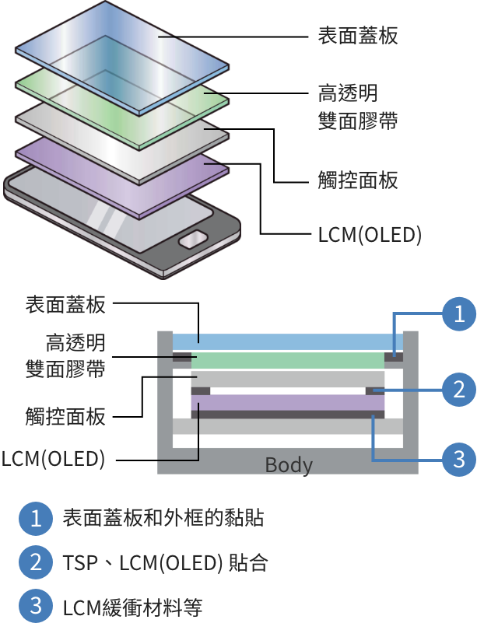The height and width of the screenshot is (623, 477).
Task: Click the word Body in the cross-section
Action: [x=289, y=465]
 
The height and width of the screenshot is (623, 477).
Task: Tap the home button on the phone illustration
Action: [x=194, y=240]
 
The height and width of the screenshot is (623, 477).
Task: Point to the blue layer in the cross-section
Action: [x=280, y=341]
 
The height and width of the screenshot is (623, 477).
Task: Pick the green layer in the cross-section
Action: [x=288, y=361]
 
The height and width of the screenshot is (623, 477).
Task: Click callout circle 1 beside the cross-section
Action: [x=459, y=314]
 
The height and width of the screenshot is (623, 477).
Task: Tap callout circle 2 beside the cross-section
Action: [x=459, y=389]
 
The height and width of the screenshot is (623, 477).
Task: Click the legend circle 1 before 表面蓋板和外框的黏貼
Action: [x=35, y=518]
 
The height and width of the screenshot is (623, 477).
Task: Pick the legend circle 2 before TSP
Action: [x=35, y=562]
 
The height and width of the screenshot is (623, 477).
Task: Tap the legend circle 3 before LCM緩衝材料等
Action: [x=35, y=606]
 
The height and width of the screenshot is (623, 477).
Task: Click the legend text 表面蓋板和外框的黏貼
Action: [x=163, y=518]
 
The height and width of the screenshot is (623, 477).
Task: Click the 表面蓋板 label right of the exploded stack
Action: [x=358, y=36]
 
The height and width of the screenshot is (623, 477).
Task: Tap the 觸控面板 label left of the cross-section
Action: [x=65, y=417]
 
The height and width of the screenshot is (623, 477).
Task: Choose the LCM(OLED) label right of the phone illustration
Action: [x=370, y=234]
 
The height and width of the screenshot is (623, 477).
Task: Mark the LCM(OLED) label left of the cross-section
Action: [x=53, y=459]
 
